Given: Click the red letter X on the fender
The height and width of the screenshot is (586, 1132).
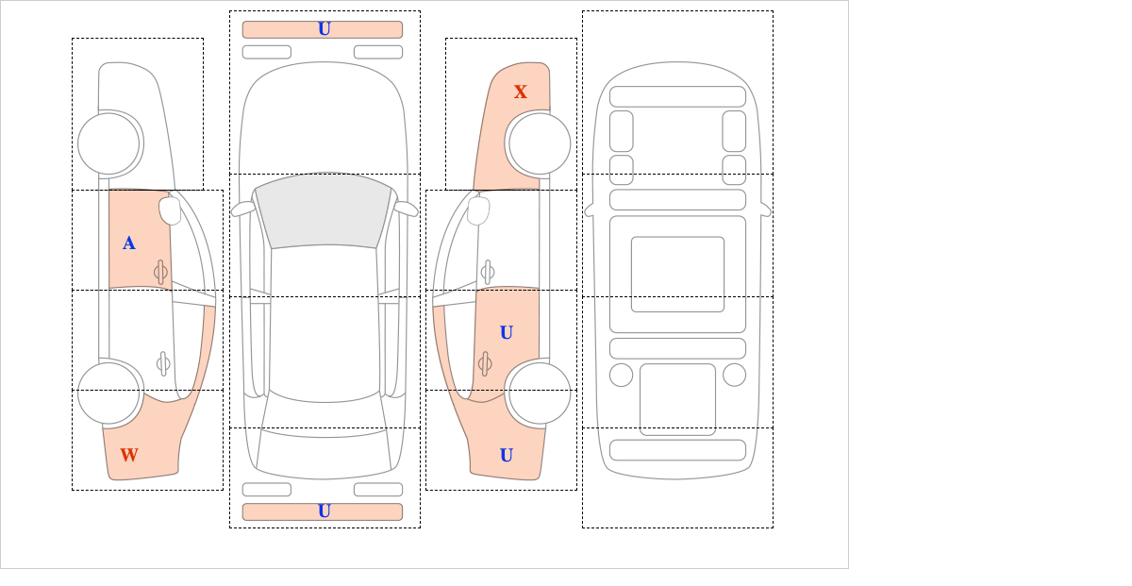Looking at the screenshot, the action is pyautogui.click(x=521, y=92).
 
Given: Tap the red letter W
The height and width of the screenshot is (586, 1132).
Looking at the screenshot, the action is pyautogui.click(x=129, y=455).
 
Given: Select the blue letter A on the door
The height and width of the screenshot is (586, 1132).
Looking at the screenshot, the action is pyautogui.click(x=129, y=243).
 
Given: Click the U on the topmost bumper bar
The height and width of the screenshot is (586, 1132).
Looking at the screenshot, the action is pyautogui.click(x=325, y=29).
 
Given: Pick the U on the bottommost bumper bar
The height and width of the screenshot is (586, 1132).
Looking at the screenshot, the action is pyautogui.click(x=325, y=511).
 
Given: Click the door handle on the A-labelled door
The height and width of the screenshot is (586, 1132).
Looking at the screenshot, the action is pyautogui.click(x=160, y=273).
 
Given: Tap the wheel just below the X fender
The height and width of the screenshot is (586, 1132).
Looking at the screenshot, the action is pyautogui.click(x=540, y=144).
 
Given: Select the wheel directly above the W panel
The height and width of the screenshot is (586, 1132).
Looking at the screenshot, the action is pyautogui.click(x=108, y=393).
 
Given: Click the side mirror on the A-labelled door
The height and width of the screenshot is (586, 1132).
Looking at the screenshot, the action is pyautogui.click(x=170, y=210).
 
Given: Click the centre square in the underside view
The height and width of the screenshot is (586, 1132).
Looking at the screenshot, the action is pyautogui.click(x=677, y=274).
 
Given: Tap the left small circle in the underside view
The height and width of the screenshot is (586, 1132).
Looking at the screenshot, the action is pyautogui.click(x=621, y=376).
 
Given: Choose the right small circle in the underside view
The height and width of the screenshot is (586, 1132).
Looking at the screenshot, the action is pyautogui.click(x=734, y=376).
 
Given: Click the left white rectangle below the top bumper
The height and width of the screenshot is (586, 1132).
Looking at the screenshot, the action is pyautogui.click(x=267, y=52).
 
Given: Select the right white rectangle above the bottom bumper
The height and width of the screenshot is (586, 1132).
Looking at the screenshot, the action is pyautogui.click(x=378, y=490).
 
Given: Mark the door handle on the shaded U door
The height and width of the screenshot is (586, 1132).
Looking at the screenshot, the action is pyautogui.click(x=485, y=363).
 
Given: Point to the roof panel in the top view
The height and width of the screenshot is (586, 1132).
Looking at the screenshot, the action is pyautogui.click(x=324, y=324).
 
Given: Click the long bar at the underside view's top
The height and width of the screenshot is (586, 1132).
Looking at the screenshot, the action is pyautogui.click(x=677, y=96).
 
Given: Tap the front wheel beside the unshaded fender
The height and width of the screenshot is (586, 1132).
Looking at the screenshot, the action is pyautogui.click(x=108, y=144).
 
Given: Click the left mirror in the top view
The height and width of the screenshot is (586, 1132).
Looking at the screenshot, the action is pyautogui.click(x=242, y=209).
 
